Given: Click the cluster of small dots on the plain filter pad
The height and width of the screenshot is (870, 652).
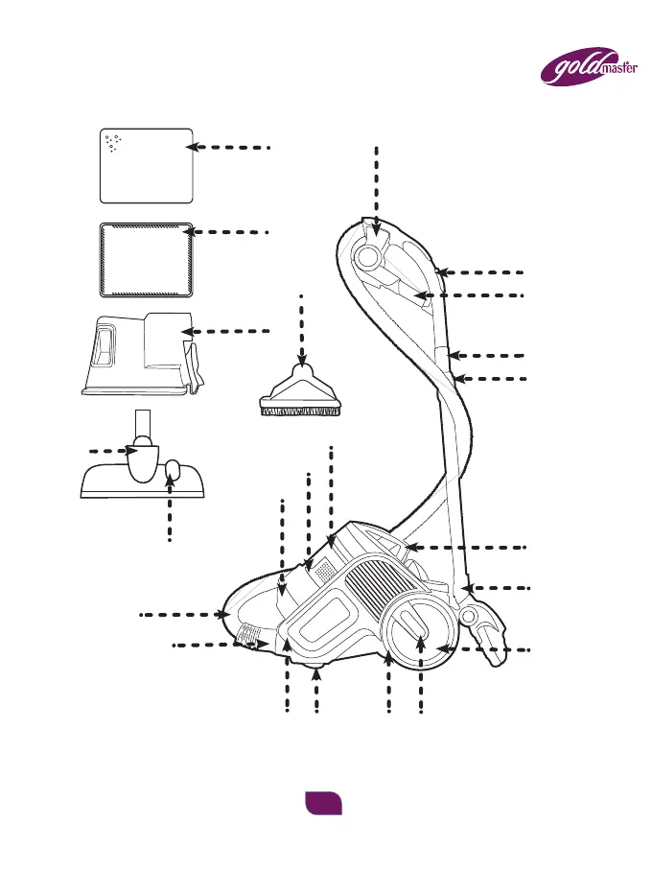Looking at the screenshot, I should pos(112,144).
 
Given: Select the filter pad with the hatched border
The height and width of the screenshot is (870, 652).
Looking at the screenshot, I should pos(147,259).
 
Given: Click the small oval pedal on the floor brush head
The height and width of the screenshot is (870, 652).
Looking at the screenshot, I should pos(173,470).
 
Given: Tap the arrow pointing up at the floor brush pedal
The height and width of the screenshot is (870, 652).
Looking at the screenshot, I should pos(170,508).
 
